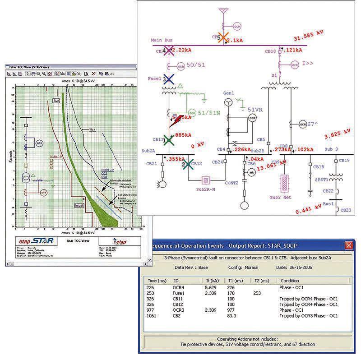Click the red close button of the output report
click(348, 245)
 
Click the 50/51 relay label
click(196, 65)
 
